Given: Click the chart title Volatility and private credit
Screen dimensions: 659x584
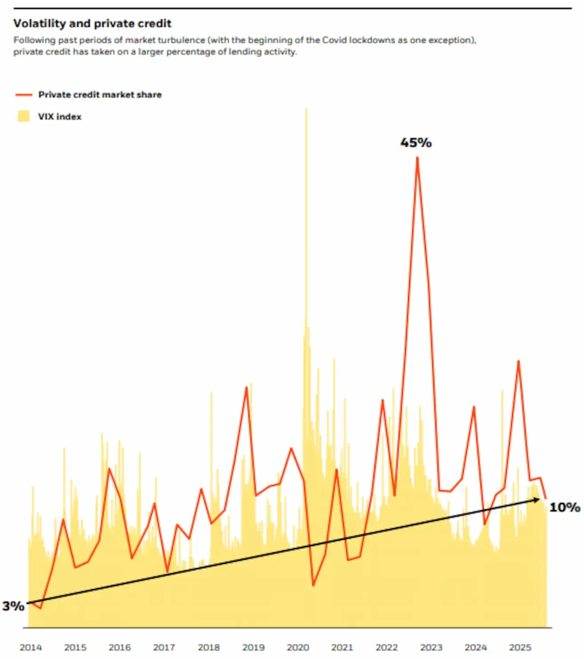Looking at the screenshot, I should [92, 24].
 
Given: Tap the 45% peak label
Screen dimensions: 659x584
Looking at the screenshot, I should [416, 143].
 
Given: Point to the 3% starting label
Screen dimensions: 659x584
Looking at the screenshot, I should [13, 606].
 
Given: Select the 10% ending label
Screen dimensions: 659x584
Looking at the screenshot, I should [564, 508].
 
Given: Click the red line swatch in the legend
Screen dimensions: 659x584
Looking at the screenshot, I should [24, 95].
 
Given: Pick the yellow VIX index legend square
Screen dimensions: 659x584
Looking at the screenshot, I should [24, 117].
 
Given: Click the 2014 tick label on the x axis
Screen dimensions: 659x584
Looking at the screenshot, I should [31, 647].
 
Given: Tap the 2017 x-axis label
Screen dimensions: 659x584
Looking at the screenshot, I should [164, 647].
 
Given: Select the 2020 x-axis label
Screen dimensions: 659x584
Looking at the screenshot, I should [298, 647].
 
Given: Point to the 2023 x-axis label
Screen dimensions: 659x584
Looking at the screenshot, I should [431, 647].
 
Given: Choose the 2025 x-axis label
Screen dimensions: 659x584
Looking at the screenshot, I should [520, 647].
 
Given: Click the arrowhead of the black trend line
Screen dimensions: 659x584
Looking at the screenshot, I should [537, 500].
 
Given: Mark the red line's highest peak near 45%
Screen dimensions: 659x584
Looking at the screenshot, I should [417, 158].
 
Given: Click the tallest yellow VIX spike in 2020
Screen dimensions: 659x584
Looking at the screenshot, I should [306, 110].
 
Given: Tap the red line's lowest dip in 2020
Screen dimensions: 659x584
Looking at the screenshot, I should [313, 585].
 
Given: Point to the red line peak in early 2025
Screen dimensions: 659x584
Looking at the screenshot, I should [519, 361].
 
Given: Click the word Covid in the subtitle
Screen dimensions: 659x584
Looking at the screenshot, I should [334, 40].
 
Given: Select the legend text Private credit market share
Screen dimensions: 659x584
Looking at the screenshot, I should [100, 95].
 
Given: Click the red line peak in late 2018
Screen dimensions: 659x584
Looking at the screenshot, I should [246, 387].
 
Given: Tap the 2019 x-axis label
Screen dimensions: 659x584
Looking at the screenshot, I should [253, 647].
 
